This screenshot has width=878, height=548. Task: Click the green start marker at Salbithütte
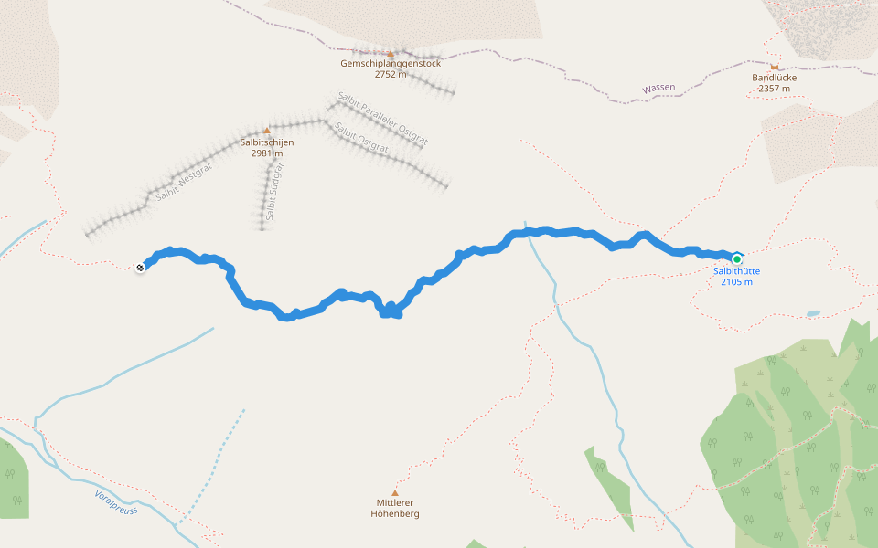pos(737,258)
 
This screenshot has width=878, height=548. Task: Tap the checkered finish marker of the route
pos(140,268)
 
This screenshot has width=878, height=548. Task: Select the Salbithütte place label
pos(736,271)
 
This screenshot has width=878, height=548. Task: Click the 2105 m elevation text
pos(736,282)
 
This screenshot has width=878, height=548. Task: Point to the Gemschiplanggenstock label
pos(391,64)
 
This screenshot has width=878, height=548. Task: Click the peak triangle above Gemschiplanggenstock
pos(391,53)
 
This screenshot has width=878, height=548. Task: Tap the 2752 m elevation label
pos(391,75)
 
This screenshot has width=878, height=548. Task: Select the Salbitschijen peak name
pos(267,142)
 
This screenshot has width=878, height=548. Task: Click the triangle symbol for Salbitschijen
pos(267,131)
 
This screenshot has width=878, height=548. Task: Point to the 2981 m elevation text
pos(267,153)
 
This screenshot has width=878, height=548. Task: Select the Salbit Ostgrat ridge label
pos(363,137)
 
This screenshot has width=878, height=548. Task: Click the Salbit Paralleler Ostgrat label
pos(382,119)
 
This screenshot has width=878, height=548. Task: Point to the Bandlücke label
pos(775,78)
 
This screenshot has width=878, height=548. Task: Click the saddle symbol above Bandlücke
pos(775,67)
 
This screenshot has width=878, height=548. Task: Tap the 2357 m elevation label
pos(775,89)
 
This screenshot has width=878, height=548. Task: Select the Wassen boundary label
pos(658,88)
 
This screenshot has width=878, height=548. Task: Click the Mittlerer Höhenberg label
pos(395,508)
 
